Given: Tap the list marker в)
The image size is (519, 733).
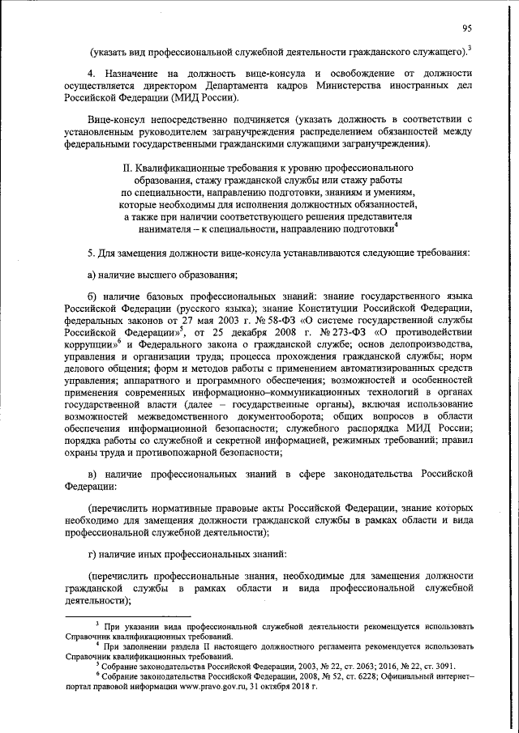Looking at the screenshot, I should [x=93, y=472].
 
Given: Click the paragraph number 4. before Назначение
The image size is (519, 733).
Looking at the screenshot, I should [x=92, y=74].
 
